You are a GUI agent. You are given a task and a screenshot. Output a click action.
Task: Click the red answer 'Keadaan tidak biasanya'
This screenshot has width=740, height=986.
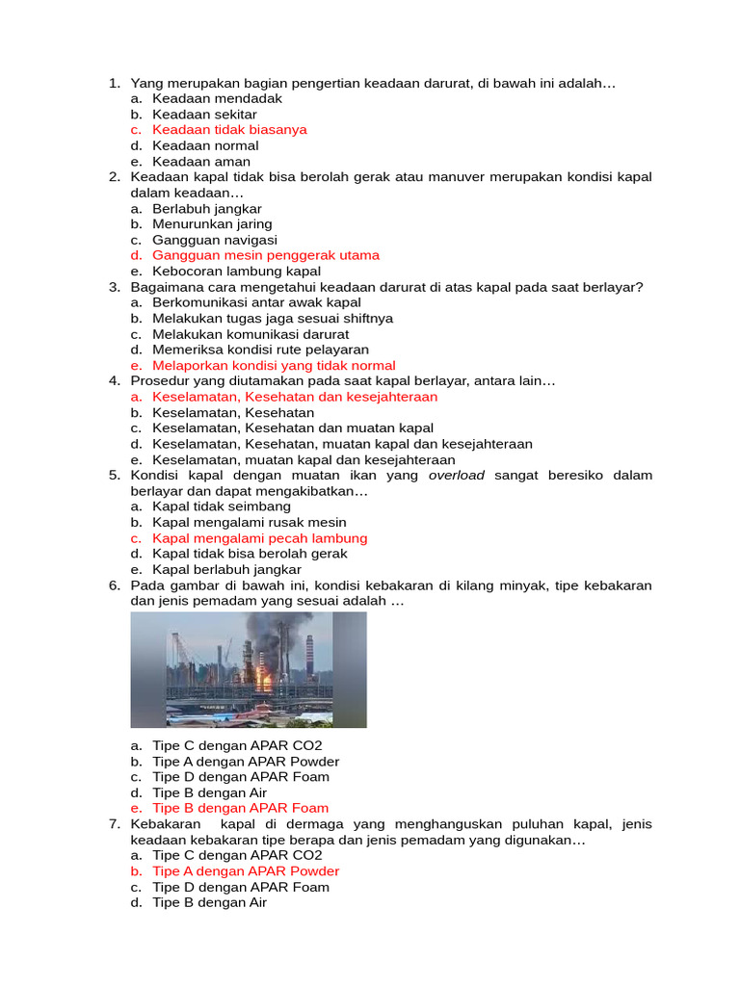click(x=229, y=130)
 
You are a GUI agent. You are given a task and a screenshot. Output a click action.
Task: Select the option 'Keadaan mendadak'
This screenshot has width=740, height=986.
click(x=217, y=98)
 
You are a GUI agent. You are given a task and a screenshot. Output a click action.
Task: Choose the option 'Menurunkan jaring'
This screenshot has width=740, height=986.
click(x=212, y=224)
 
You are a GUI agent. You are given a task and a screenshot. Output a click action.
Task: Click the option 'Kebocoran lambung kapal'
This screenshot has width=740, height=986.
click(x=236, y=272)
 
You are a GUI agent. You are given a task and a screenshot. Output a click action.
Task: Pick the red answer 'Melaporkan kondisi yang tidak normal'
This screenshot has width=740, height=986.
click(x=274, y=366)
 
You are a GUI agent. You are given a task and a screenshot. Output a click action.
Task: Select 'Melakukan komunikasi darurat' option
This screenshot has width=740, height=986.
click(x=251, y=334)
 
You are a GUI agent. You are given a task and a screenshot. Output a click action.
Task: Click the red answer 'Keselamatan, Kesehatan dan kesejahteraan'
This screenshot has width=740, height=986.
click(x=295, y=397)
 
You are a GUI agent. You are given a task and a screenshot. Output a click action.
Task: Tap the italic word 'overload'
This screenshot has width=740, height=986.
click(x=457, y=476)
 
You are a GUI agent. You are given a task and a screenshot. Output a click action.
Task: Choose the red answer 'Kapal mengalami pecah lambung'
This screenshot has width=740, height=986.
click(x=260, y=538)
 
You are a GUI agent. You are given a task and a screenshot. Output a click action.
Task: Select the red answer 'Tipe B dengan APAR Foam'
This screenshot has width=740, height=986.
click(x=240, y=808)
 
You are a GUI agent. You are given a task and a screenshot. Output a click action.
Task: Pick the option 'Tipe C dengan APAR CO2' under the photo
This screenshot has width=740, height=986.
click(x=237, y=745)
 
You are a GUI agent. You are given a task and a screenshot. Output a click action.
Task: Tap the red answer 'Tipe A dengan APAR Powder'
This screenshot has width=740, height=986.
click(x=246, y=871)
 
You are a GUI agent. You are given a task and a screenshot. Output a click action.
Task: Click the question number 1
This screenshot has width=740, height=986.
click(x=113, y=83)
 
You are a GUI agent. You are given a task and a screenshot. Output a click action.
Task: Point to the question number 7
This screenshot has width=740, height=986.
click(x=113, y=824)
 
